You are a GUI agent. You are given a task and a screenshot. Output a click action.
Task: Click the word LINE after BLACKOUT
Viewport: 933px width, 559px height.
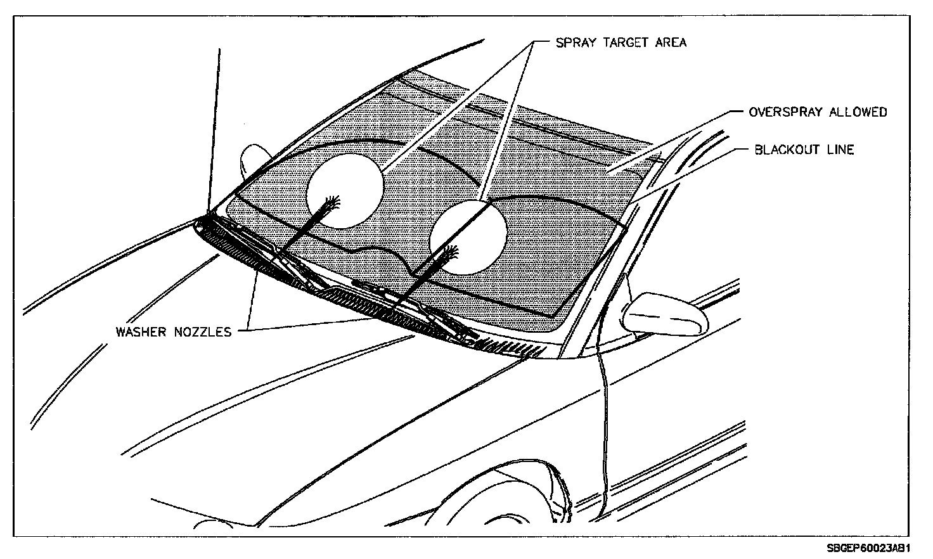[x=839, y=150]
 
